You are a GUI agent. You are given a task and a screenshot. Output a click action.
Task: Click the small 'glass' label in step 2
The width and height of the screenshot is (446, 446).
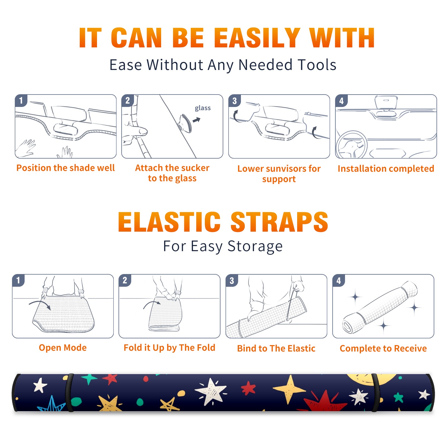pyautogui.click(x=203, y=108)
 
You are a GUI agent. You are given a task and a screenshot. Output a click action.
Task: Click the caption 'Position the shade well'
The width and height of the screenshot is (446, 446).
pyautogui.click(x=66, y=168)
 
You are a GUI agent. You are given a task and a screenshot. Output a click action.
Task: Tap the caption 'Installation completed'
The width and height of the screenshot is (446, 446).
pyautogui.click(x=386, y=169)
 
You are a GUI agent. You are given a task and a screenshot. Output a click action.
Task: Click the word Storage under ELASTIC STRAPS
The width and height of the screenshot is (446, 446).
pyautogui.click(x=255, y=246)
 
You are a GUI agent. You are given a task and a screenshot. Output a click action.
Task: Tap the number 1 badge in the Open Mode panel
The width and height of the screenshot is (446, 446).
pyautogui.click(x=18, y=280)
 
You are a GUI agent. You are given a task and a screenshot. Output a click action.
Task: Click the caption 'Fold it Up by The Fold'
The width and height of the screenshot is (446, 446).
pyautogui.click(x=169, y=348)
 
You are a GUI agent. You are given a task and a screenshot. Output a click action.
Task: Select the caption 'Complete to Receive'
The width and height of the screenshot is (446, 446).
pyautogui.click(x=383, y=348)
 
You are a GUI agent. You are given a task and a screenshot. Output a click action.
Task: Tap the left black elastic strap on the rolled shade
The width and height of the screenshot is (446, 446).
pyautogui.click(x=69, y=392)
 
